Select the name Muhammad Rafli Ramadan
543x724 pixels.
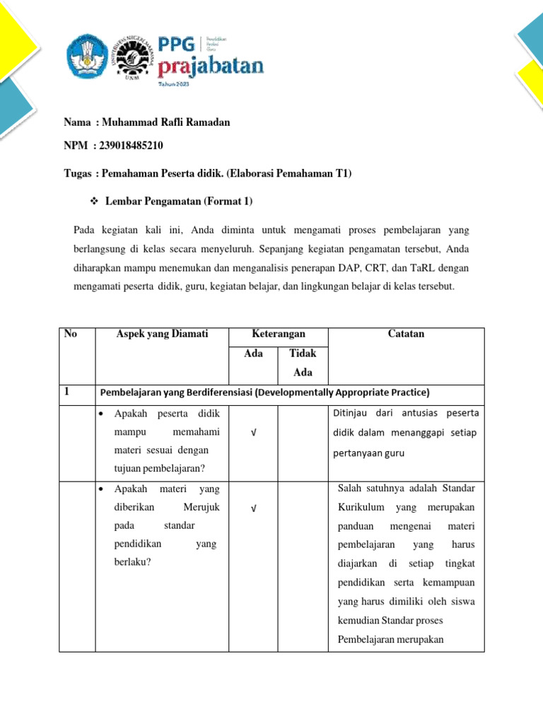tap(166, 122)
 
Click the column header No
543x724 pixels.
tap(70, 334)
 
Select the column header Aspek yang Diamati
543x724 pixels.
tap(162, 334)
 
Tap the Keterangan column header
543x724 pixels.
tap(279, 334)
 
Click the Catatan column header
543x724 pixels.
tap(406, 334)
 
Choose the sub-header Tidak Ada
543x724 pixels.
tap(303, 363)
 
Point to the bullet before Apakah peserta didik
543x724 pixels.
tap(103, 413)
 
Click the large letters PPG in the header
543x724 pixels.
tap(178, 45)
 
